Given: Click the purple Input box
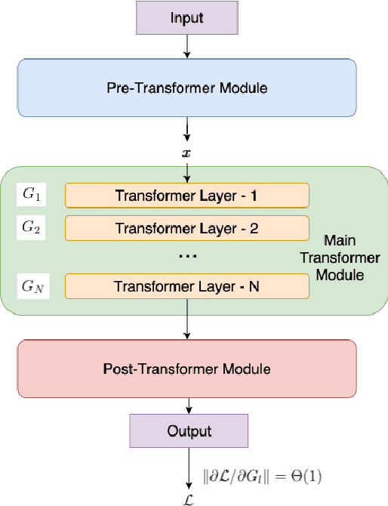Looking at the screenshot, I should pos(186,17).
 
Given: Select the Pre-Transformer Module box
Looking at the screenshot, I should pos(186,88).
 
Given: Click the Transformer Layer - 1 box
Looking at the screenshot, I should pos(187,196).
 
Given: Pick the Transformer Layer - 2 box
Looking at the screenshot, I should pos(187,227).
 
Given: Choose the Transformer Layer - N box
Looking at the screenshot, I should pos(187,286).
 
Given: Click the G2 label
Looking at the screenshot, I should pos(32,226).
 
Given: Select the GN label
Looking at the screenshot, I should pos(32,287).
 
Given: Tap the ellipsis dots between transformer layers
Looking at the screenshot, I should pos(187,257).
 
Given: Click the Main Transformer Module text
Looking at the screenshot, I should pos(350,257).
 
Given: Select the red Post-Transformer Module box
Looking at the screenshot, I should pos(186,369).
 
